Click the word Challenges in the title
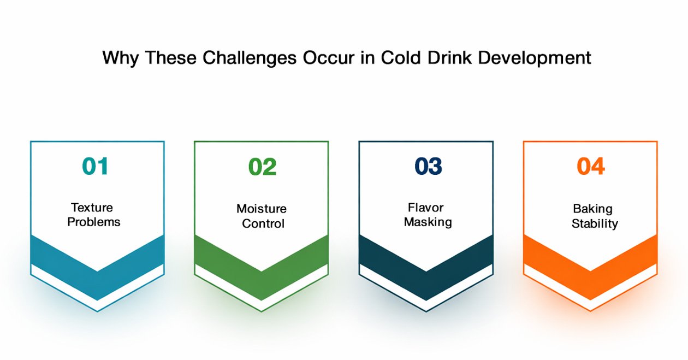pyautogui.click(x=250, y=58)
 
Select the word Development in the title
pyautogui.click(x=535, y=58)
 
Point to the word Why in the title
pyautogui.click(x=120, y=58)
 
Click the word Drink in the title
pyautogui.click(x=449, y=57)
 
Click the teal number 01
pyautogui.click(x=95, y=166)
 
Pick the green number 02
pyautogui.click(x=262, y=167)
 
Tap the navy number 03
pyautogui.click(x=428, y=166)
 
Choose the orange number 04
pyautogui.click(x=591, y=166)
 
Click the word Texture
pyautogui.click(x=92, y=208)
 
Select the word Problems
pyautogui.click(x=94, y=222)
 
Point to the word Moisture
pyautogui.click(x=262, y=209)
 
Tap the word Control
pyautogui.click(x=263, y=223)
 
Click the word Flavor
pyautogui.click(x=425, y=208)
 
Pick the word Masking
pyautogui.click(x=428, y=222)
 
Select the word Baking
pyautogui.click(x=592, y=209)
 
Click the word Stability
pyautogui.click(x=595, y=224)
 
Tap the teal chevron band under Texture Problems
pyautogui.click(x=97, y=286)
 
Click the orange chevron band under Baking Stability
pyautogui.click(x=590, y=286)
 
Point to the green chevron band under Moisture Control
pyautogui.click(x=262, y=286)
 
